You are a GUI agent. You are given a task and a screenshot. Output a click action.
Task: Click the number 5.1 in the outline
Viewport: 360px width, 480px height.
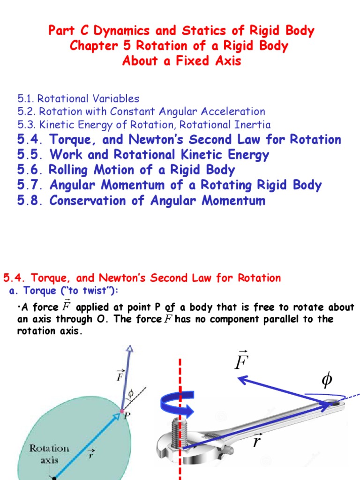tap(26, 99)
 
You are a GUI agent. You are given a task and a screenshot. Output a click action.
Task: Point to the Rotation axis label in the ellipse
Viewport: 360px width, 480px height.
tap(49, 453)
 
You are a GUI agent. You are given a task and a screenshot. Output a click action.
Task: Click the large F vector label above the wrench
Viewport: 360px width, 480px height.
tap(242, 362)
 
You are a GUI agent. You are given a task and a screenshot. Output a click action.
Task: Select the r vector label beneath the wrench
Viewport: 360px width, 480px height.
tap(257, 441)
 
